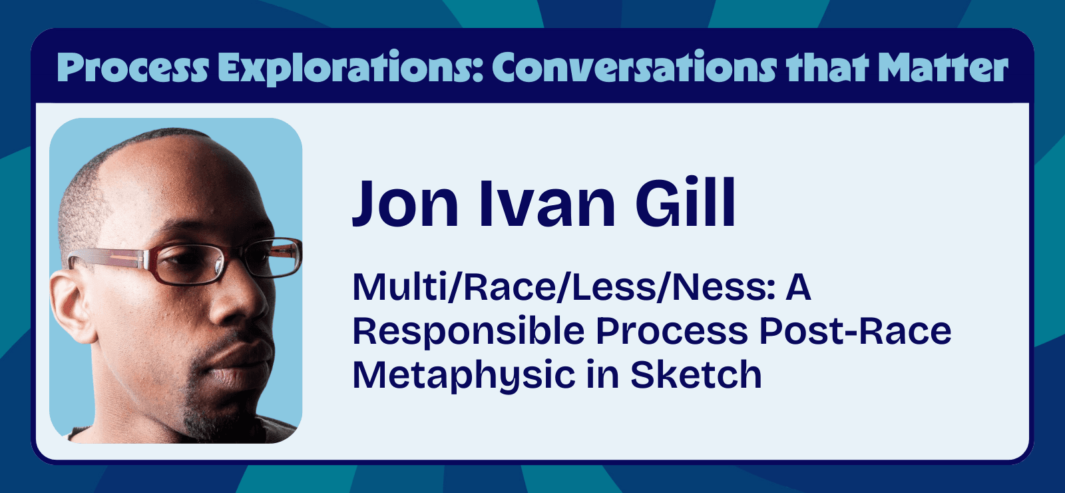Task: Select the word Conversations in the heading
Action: pyautogui.click(x=634, y=68)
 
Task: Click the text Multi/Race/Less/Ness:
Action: pyautogui.click(x=564, y=288)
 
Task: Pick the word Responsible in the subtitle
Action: pyautogui.click(x=469, y=331)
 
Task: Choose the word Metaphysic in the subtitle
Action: pyautogui.click(x=463, y=375)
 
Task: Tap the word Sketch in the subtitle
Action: pyautogui.click(x=696, y=375)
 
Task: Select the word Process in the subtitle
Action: pyautogui.click(x=672, y=331)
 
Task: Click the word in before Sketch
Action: pyautogui.click(x=600, y=375)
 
